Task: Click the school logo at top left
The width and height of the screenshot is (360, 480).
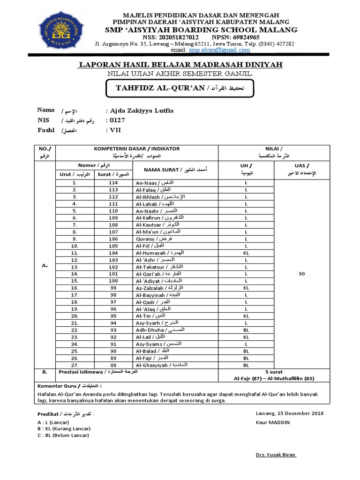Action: click(65, 30)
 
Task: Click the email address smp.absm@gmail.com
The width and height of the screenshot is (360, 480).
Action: click(220, 50)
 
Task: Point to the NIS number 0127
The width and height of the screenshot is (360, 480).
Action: click(117, 120)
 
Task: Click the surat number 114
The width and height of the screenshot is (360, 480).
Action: click(113, 182)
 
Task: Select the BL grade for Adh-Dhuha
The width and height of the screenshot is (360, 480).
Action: click(246, 330)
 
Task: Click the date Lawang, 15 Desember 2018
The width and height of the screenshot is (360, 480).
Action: click(289, 413)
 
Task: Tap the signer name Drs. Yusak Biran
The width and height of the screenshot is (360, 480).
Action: click(276, 455)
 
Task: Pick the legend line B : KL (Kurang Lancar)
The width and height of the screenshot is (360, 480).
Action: click(64, 428)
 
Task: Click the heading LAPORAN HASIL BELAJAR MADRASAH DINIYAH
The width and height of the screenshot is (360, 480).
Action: click(180, 64)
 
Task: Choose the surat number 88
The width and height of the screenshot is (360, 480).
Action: click(113, 365)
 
